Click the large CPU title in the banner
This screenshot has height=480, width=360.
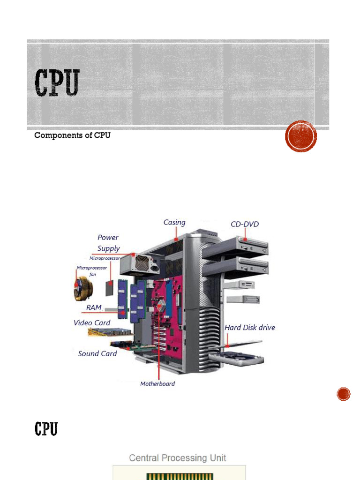click(x=57, y=83)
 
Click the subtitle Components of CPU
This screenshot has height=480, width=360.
click(x=72, y=136)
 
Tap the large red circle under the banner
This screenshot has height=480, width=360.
click(x=301, y=136)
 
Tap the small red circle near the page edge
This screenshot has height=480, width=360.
click(x=344, y=394)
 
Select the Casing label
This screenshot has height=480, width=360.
click(x=174, y=222)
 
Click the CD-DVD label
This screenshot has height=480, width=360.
click(x=245, y=224)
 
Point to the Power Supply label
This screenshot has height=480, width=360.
click(x=108, y=243)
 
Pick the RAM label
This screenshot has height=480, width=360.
click(x=94, y=307)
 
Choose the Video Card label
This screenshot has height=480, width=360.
click(x=92, y=322)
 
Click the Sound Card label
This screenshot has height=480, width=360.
click(x=97, y=353)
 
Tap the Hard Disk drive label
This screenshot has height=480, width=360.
click(x=250, y=328)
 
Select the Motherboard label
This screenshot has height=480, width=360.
click(x=157, y=384)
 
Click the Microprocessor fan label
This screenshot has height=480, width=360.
click(x=92, y=270)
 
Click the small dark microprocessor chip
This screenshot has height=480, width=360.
click(x=110, y=287)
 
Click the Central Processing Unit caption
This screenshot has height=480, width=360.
click(x=178, y=458)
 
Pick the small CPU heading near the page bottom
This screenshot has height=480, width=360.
click(x=46, y=428)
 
